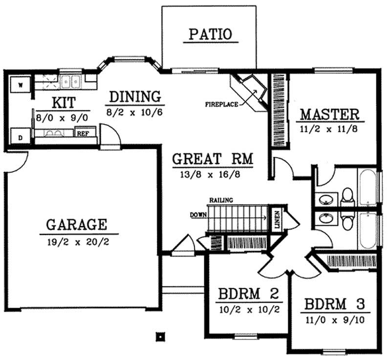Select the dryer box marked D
click(21, 137)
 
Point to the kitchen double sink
click(71, 81)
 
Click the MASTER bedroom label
click(329, 115)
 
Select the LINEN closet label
click(277, 220)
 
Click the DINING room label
click(135, 96)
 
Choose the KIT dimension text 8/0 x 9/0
click(62, 118)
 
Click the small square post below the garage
click(159, 336)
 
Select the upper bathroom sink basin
click(326, 199)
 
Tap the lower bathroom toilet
click(348, 223)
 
